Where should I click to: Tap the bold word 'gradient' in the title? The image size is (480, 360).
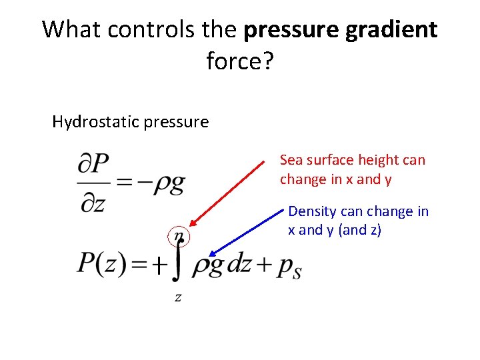(x=392, y=30)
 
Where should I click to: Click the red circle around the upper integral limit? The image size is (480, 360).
(x=178, y=237)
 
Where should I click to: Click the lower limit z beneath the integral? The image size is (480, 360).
(x=178, y=297)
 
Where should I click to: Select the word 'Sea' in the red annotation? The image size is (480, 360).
(x=291, y=160)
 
